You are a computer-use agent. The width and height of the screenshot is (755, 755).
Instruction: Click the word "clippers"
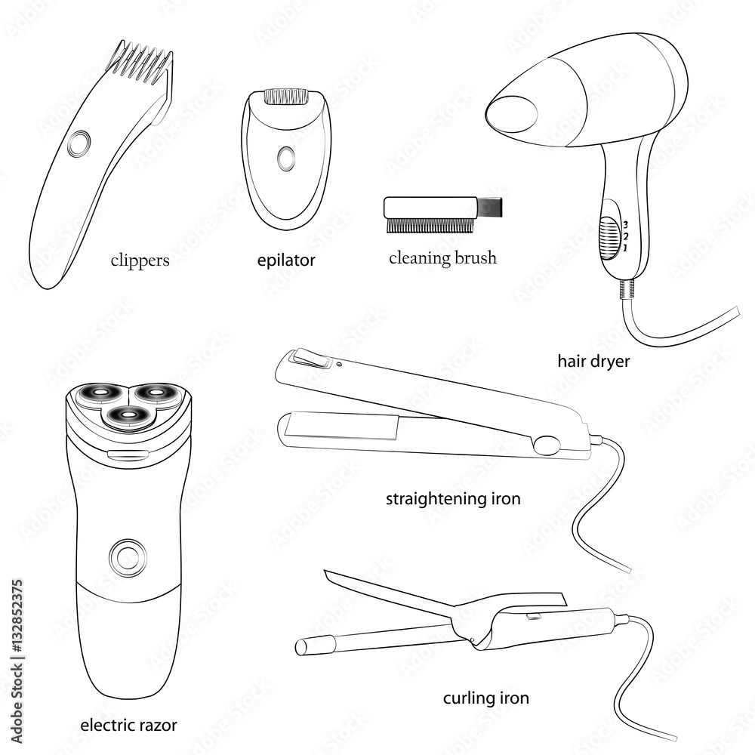pos(140,260)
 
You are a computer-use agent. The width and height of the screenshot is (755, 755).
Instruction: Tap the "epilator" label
pos(286,260)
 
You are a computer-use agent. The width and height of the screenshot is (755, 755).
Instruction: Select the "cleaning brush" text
pos(442,257)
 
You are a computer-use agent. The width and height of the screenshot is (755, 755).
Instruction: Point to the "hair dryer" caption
pos(593,361)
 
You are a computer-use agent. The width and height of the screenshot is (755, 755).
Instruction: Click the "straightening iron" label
pos(453,498)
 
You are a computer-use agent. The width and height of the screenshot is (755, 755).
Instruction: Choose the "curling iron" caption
pos(485,698)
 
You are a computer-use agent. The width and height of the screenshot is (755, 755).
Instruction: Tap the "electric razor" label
pos(128,725)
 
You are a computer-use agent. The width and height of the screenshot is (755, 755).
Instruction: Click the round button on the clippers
pos(79,143)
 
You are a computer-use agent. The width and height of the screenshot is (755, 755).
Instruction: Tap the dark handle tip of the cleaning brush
pos(490,208)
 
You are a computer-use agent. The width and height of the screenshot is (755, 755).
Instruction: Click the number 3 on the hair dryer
pos(625,224)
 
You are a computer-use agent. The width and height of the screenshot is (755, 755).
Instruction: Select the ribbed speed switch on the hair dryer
pos(609,238)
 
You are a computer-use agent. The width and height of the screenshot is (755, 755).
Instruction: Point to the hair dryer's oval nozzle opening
pos(511,114)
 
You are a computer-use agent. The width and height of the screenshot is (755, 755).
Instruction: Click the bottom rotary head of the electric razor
pos(128,414)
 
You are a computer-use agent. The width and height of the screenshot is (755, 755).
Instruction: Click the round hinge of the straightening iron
pos(547,445)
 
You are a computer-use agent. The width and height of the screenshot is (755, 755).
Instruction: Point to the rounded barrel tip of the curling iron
pos(301,647)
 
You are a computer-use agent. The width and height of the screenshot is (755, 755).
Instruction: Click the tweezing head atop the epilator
pos(286,96)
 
